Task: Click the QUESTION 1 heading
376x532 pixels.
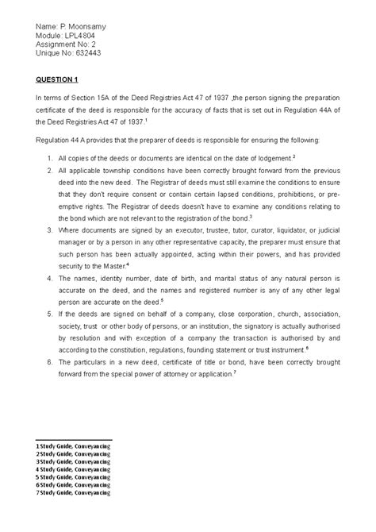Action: coord(58,79)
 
